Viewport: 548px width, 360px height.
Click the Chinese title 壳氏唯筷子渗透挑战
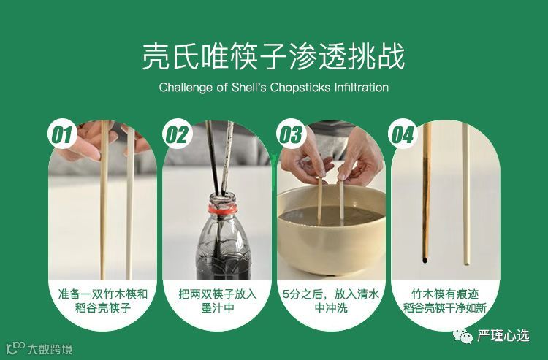click(274, 56)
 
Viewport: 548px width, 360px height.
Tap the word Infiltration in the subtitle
click(362, 87)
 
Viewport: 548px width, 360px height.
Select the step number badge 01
click(62, 134)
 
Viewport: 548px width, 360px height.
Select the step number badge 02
click(177, 134)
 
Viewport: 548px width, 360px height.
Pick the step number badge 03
click(291, 134)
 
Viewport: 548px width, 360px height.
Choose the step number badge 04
click(403, 134)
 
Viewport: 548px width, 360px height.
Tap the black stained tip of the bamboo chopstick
click(425, 259)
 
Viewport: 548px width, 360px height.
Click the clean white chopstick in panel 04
click(466, 193)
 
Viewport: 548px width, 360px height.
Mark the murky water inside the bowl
click(331, 216)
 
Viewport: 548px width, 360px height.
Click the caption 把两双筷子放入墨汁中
click(218, 302)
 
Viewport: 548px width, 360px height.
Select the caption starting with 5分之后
click(331, 302)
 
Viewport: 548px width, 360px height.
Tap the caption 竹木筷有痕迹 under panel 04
click(445, 294)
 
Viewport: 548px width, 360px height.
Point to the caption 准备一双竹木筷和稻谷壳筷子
click(103, 302)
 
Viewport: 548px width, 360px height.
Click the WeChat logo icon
click(463, 336)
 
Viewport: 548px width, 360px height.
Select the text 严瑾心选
click(503, 336)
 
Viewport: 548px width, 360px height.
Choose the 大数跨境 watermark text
click(50, 349)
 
